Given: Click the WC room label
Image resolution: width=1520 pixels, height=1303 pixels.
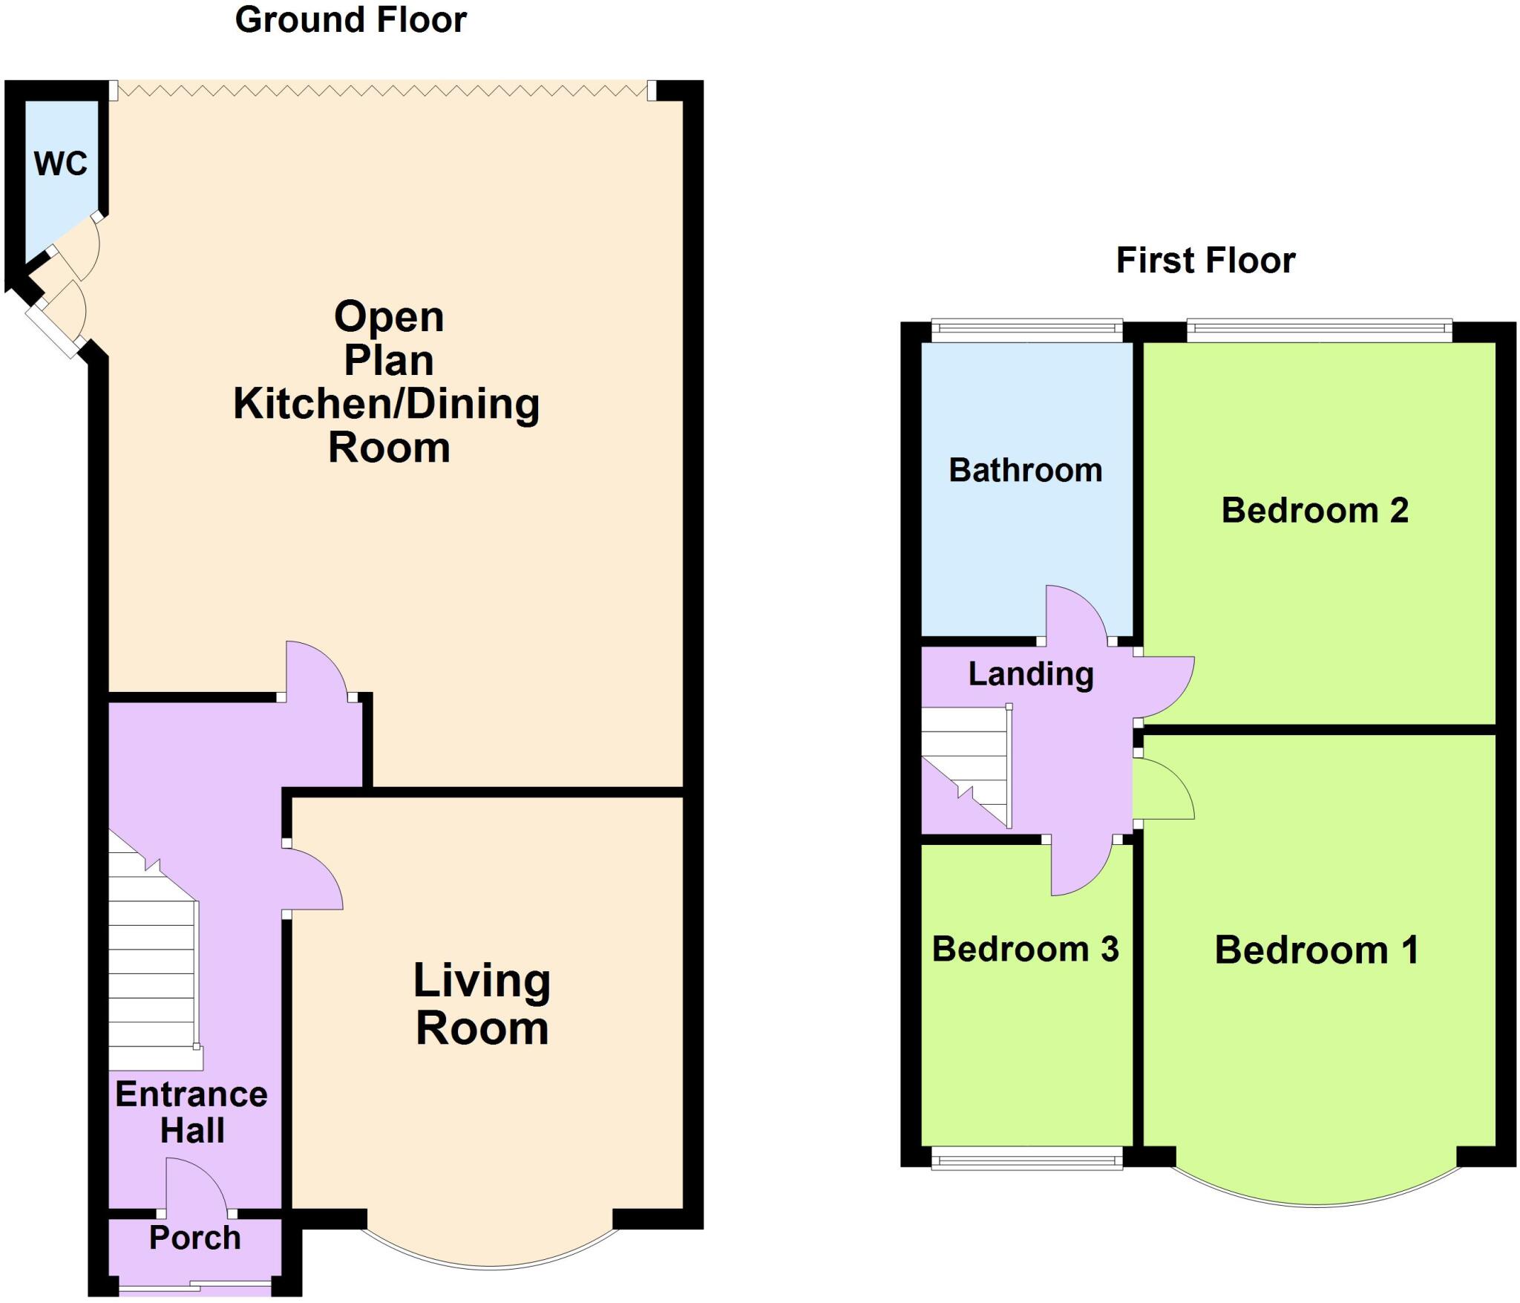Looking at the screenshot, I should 61,163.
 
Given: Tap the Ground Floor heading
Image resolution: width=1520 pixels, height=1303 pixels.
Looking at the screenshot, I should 350,20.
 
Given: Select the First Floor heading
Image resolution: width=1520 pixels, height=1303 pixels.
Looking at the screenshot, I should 1205,261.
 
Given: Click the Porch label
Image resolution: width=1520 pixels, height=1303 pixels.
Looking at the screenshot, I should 195,1238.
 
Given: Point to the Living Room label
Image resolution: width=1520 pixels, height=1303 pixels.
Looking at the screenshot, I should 482,1004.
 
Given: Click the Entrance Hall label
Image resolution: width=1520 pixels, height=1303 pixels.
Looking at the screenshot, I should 191,1112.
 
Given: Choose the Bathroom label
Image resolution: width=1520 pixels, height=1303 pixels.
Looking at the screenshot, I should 1025,470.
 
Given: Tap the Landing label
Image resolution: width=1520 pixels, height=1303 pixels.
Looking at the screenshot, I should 1030,673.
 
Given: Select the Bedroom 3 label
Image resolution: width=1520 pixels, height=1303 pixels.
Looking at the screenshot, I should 1025,949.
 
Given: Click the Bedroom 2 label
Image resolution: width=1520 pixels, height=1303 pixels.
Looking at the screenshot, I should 1314,510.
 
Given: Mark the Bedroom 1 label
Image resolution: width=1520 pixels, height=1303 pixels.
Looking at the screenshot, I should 1317,950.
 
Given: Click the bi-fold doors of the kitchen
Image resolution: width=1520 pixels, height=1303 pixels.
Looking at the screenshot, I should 382,91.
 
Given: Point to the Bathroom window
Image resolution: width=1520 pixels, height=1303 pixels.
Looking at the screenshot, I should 1026,330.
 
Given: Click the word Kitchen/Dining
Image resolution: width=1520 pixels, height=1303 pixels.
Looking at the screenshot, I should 387,405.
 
